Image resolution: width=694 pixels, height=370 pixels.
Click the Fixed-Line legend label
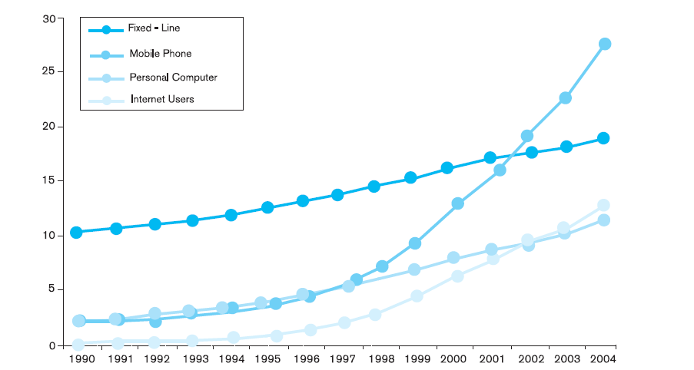[x=154, y=28]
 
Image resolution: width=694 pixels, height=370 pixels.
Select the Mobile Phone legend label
[x=160, y=54]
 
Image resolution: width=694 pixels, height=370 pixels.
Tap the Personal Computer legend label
[x=173, y=78]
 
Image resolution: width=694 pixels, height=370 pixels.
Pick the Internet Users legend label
[x=162, y=99]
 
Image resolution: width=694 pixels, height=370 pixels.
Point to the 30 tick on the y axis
[x=49, y=18]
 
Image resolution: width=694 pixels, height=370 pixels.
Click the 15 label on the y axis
[x=49, y=180]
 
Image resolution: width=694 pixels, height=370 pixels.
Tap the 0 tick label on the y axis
[x=53, y=345]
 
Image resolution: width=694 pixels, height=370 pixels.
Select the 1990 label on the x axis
[x=82, y=358]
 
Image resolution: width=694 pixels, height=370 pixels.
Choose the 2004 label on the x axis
[x=603, y=358]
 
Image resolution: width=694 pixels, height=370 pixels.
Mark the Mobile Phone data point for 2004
[x=605, y=44]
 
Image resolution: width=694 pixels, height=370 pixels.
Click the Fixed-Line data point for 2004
[x=603, y=138]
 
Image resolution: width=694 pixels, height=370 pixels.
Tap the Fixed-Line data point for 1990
[x=76, y=233]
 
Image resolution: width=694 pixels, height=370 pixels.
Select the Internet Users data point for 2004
[x=603, y=205]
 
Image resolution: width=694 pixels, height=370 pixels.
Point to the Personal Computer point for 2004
[x=603, y=220]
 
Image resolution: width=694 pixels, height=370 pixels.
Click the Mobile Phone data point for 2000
[x=457, y=203]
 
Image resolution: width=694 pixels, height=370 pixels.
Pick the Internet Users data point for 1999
[x=417, y=296]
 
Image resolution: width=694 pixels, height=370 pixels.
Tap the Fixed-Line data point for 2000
[x=447, y=168]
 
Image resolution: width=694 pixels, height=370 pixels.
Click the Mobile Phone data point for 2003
[x=565, y=98]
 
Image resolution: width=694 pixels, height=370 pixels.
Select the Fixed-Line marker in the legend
[x=106, y=30]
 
